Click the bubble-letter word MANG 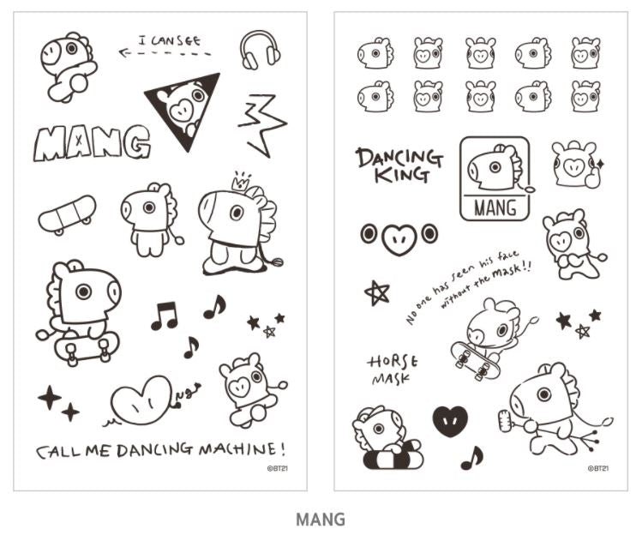[92, 142]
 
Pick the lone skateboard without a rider [67, 214]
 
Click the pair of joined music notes [165, 316]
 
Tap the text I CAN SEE [170, 41]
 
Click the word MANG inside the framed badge [495, 207]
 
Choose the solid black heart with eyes [450, 421]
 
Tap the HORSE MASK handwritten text [393, 370]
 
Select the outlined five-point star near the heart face [376, 293]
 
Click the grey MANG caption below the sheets [321, 520]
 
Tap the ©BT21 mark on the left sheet [277, 468]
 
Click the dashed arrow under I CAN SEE [165, 53]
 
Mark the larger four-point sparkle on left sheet [50, 397]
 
